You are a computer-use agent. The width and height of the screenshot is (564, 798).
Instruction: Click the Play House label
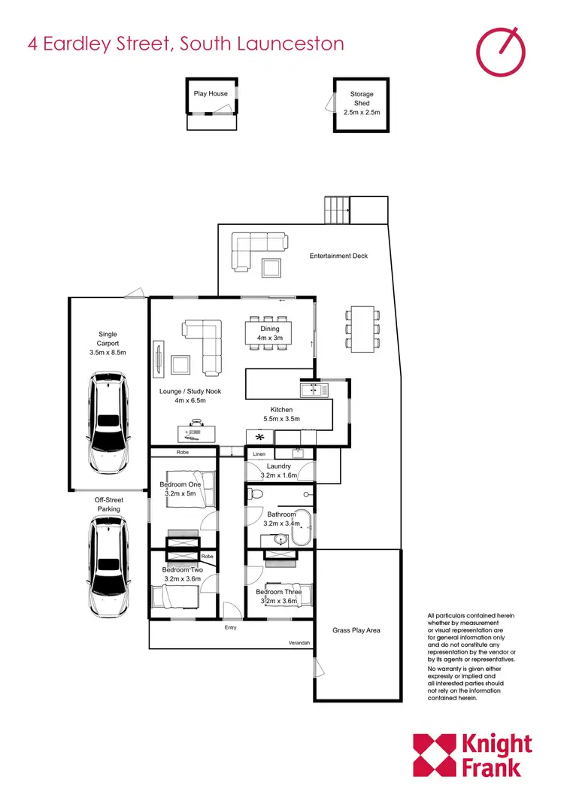(211, 94)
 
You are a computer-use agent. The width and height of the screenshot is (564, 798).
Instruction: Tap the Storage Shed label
(362, 103)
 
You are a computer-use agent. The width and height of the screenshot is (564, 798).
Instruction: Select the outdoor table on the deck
(361, 327)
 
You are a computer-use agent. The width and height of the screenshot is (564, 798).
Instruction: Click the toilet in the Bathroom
(254, 495)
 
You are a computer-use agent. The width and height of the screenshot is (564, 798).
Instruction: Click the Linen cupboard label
(259, 454)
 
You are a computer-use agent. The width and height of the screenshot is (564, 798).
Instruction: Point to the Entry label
(231, 627)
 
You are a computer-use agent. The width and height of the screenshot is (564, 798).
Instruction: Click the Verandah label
(299, 644)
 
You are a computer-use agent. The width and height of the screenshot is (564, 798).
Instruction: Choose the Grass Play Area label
(356, 630)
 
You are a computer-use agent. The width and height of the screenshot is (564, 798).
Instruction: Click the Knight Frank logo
(473, 755)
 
